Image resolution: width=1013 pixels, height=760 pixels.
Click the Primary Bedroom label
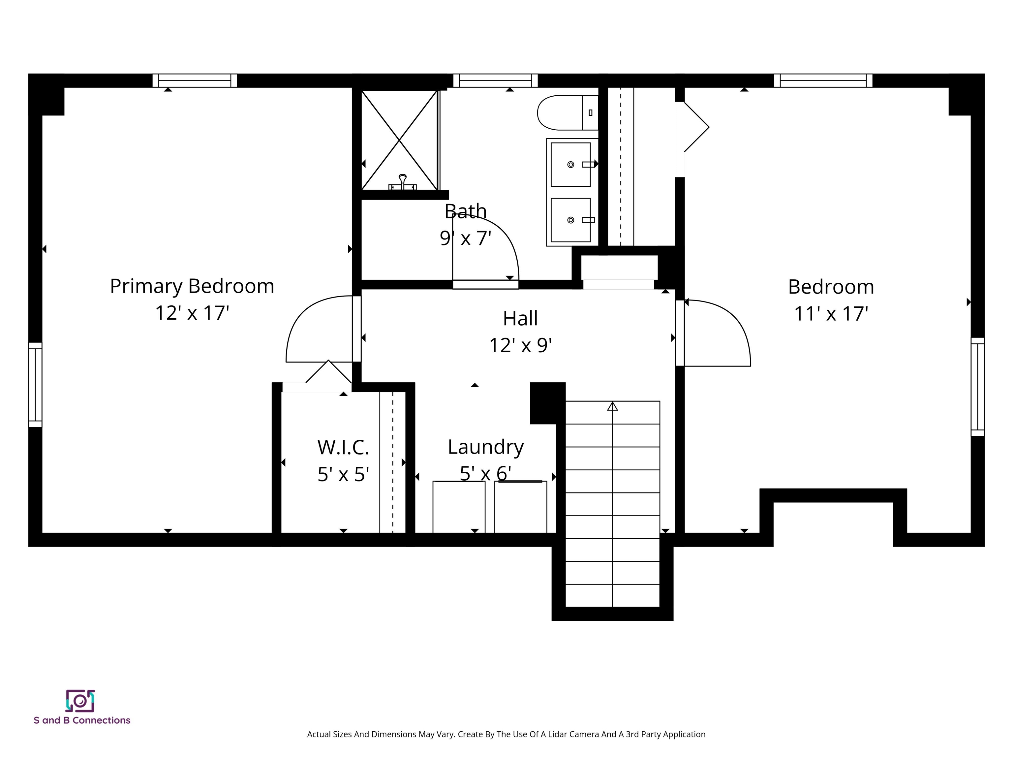click(x=192, y=286)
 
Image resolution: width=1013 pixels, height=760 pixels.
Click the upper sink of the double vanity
click(x=570, y=165)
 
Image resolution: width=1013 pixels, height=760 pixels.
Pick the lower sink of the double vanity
click(x=570, y=220)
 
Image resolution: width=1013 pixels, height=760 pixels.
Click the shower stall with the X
click(x=399, y=140)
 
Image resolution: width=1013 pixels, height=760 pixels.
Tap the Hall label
click(x=520, y=318)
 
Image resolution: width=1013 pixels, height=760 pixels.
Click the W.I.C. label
click(x=343, y=448)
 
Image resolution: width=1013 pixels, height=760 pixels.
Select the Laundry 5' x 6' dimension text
click(x=485, y=473)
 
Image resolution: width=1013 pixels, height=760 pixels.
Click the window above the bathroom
click(x=495, y=80)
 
